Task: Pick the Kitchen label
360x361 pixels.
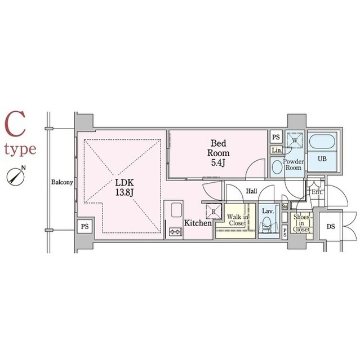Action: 198,223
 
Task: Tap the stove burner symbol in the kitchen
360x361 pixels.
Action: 175,231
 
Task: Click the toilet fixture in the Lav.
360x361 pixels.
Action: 268,228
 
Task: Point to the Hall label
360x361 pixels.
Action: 252,192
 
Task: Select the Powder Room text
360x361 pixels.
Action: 294,165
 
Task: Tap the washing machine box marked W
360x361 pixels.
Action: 294,141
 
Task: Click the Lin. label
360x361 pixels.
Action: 276,151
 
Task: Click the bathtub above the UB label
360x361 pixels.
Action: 322,142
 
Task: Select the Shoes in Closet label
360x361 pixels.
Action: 301,225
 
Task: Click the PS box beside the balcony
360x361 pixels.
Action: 85,226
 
